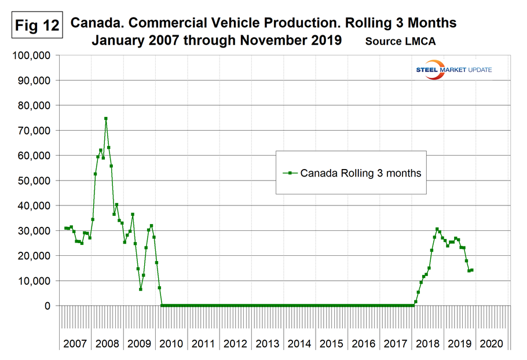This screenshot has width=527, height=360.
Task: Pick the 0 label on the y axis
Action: tap(49, 306)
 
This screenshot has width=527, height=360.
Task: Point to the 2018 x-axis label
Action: tap(428, 343)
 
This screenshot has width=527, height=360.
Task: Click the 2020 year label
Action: tap(492, 343)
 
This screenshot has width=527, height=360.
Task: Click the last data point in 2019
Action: tap(472, 270)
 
